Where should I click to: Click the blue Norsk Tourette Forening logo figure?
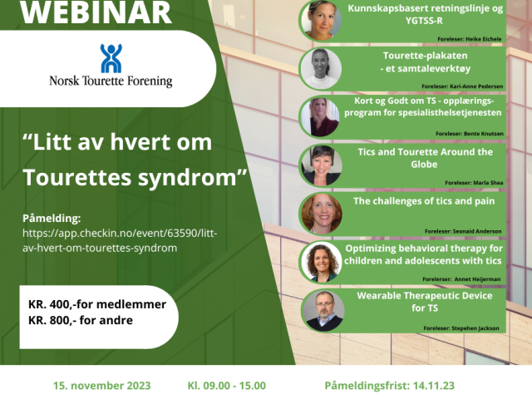pyautogui.click(x=111, y=58)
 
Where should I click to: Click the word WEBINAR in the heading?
pyautogui.click(x=96, y=13)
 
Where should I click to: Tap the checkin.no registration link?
pyautogui.click(x=120, y=240)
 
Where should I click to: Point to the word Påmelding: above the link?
pyautogui.click(x=52, y=218)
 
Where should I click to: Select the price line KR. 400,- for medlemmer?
pyautogui.click(x=97, y=304)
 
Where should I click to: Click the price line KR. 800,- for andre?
pyautogui.click(x=81, y=320)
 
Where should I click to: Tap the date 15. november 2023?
pyautogui.click(x=101, y=386)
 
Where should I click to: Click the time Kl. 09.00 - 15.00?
pyautogui.click(x=227, y=386)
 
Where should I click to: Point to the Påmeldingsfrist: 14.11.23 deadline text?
pyautogui.click(x=390, y=386)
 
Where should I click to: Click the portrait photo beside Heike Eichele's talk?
pyautogui.click(x=321, y=20)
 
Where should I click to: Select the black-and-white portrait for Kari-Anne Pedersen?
pyautogui.click(x=321, y=69)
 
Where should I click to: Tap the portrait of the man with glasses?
pyautogui.click(x=323, y=311)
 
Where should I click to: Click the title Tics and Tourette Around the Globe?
pyautogui.click(x=425, y=158)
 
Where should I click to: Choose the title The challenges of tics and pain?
pyautogui.click(x=424, y=201)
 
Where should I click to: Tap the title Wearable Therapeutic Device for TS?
pyautogui.click(x=425, y=302)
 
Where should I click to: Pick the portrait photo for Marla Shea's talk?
pyautogui.click(x=322, y=166)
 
